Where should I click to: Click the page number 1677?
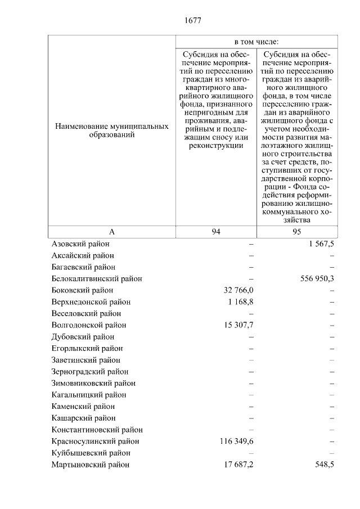click(192, 21)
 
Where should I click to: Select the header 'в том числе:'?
click(256, 42)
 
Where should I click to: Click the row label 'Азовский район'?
click(80, 244)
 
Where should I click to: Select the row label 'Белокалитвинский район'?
click(96, 278)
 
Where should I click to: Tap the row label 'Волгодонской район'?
click(88, 325)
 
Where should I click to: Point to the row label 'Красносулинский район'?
click(95, 442)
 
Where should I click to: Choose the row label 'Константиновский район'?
click(97, 430)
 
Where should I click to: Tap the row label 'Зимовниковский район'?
click(93, 384)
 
